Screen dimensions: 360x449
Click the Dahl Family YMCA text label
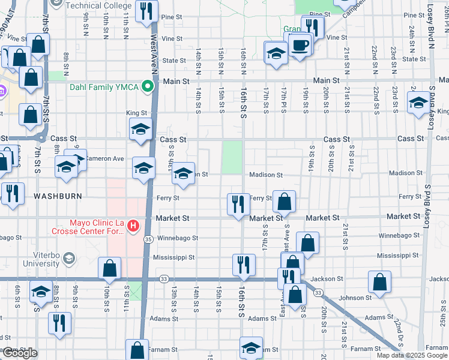tap(104, 87)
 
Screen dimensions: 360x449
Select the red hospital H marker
tap(134, 226)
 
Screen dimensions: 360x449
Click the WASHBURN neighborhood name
tap(57, 196)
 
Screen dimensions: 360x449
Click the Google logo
tap(20, 353)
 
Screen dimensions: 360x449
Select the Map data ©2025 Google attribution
tap(412, 355)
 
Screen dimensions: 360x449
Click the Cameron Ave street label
tap(105, 158)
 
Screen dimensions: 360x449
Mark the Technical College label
tap(98, 5)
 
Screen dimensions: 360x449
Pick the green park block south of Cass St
tap(232, 157)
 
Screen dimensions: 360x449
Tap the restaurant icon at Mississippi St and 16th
tap(244, 265)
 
